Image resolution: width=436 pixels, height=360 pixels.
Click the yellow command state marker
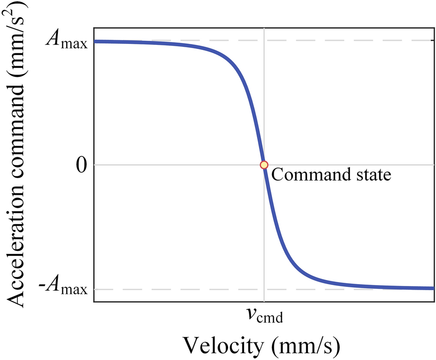264,165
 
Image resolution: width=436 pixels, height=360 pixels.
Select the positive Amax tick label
66,42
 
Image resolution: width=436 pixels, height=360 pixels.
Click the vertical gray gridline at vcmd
264,93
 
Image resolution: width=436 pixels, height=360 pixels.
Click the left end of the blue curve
96,42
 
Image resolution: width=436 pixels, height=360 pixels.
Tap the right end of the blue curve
432,288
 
